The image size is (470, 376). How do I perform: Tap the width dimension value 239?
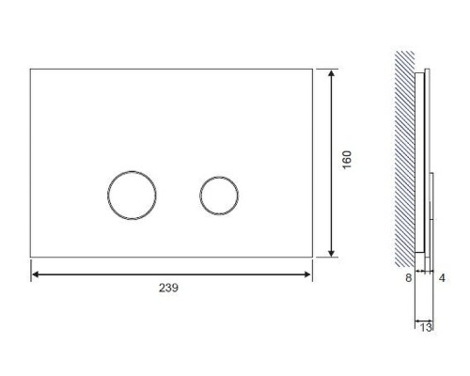[168, 288]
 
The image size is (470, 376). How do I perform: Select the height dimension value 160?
[347, 160]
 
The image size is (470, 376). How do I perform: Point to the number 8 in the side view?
[408, 277]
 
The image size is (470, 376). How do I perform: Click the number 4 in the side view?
[442, 277]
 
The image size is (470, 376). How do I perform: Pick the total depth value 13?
[426, 327]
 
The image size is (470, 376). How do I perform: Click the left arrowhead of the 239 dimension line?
[36, 274]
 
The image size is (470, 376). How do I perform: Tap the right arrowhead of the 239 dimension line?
[307, 274]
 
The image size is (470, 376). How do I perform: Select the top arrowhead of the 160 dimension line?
[331, 73]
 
